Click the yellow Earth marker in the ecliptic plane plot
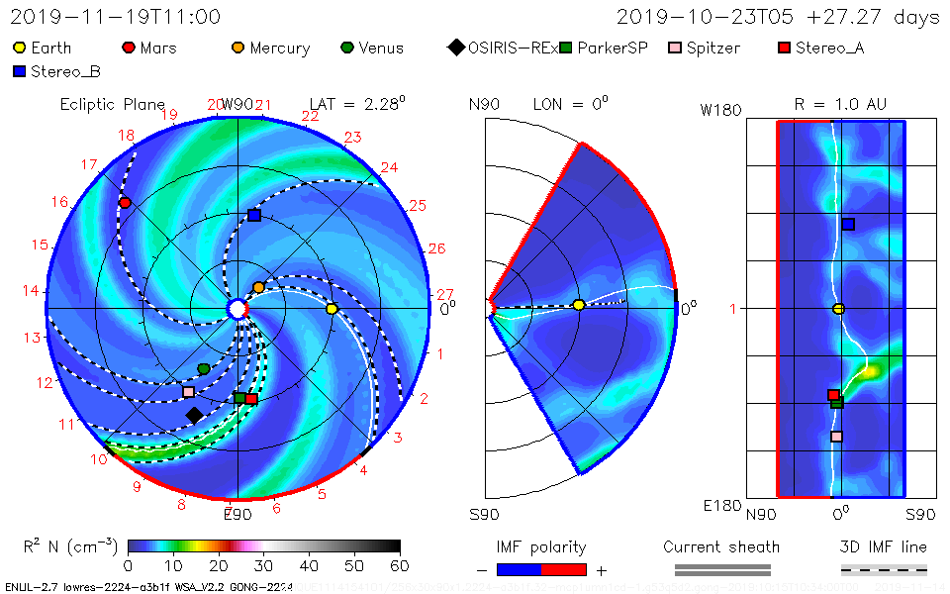click(332, 309)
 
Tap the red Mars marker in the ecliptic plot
click(125, 203)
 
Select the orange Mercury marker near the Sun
click(258, 287)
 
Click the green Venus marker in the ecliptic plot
click(204, 368)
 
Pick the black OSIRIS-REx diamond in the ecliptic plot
click(194, 415)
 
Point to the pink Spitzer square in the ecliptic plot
click(188, 392)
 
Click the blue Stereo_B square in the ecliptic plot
click(254, 215)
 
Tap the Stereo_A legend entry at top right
click(820, 48)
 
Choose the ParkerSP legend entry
click(604, 48)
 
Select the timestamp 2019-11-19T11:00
click(115, 17)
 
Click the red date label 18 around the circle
click(127, 136)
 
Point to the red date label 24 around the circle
click(389, 167)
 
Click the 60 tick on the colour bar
click(400, 565)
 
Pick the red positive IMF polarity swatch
click(564, 569)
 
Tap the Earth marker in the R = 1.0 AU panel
click(839, 309)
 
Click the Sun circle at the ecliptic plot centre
click(237, 310)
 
